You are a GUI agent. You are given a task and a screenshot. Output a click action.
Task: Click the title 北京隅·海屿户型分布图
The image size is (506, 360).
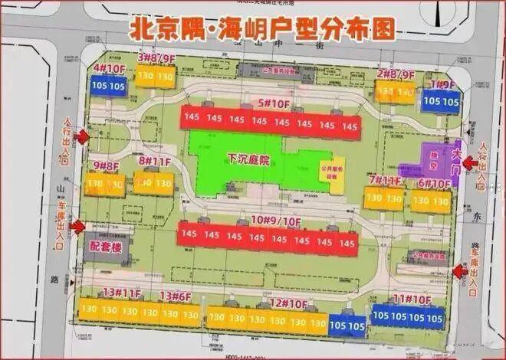click(x=264, y=29)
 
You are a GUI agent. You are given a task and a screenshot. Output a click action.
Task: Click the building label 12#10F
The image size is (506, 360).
click(x=287, y=303)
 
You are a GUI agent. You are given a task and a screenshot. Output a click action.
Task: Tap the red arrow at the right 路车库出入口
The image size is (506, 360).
click(x=462, y=270)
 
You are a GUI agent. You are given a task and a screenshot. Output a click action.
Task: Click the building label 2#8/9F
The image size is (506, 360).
click(x=395, y=74)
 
